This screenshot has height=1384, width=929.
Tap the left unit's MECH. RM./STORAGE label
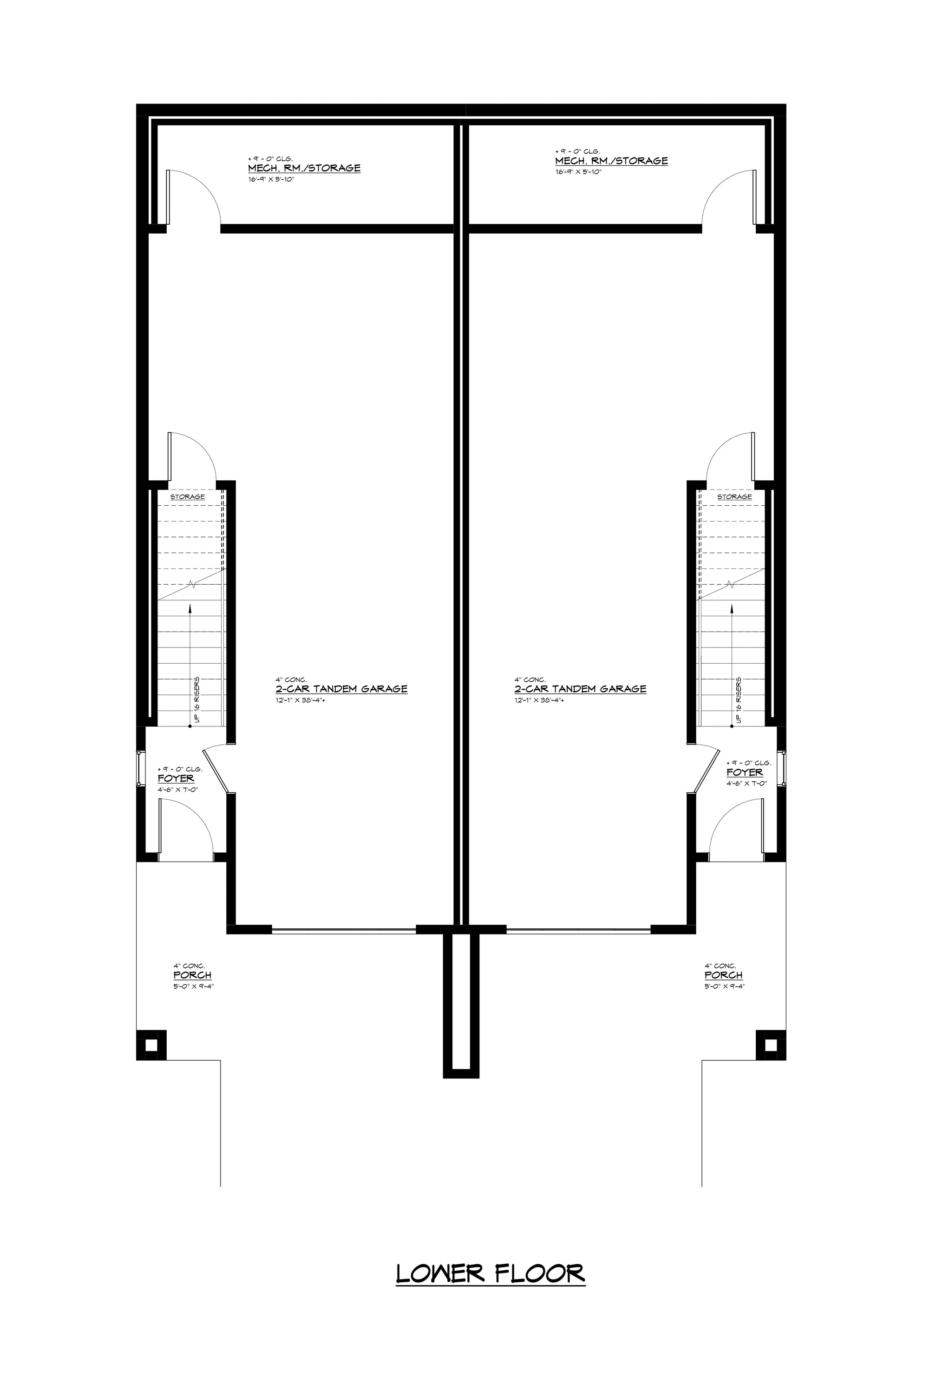tap(304, 168)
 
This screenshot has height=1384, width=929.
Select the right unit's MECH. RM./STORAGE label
tap(611, 161)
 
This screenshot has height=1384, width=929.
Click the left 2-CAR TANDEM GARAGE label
tap(341, 689)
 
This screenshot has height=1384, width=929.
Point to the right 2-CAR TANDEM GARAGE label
tap(580, 689)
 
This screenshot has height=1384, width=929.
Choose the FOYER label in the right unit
tap(745, 772)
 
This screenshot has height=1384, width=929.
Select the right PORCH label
tap(723, 975)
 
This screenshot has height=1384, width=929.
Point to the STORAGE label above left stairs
tap(187, 496)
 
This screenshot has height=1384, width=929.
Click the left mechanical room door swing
tap(196, 196)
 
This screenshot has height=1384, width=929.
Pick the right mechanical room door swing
tap(727, 196)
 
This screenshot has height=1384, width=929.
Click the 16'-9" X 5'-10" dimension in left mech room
tap(271, 179)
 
